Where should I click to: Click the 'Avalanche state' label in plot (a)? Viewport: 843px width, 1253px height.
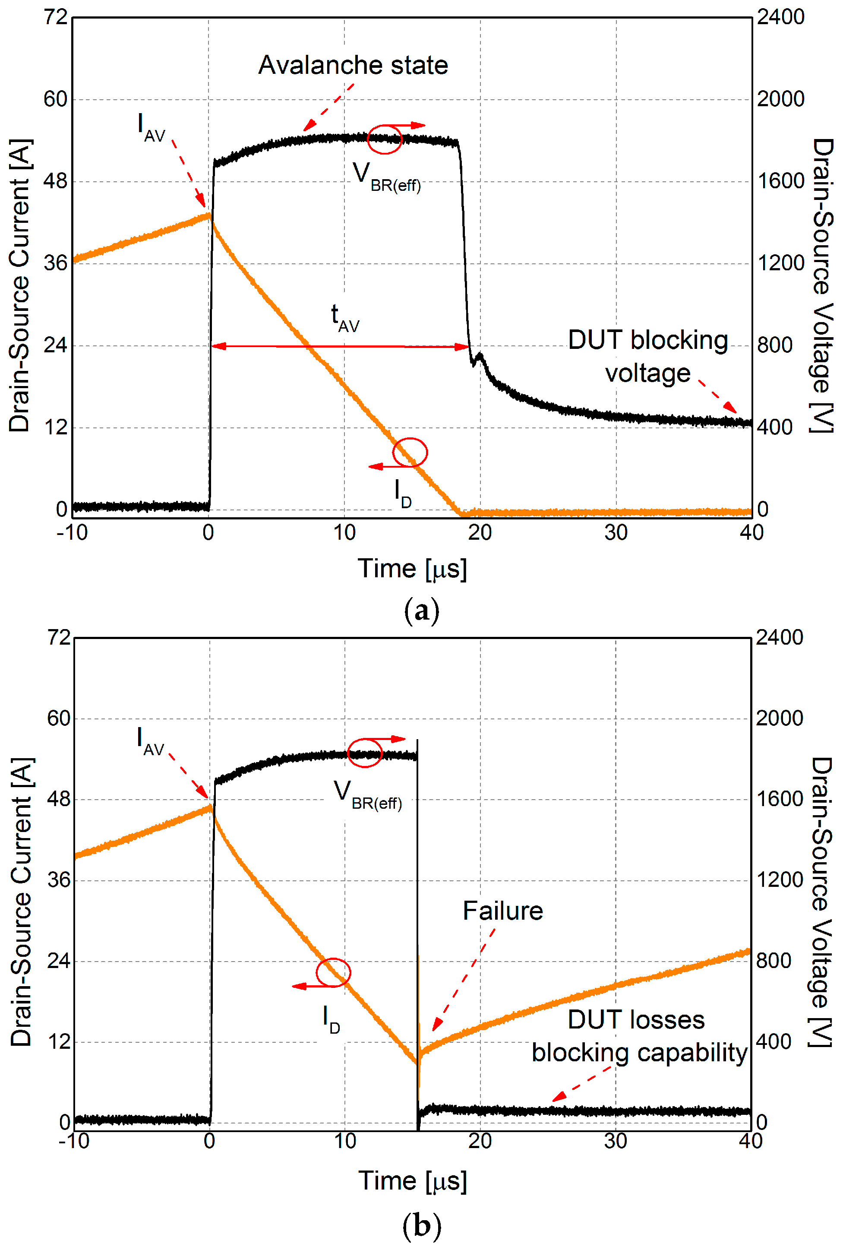click(353, 66)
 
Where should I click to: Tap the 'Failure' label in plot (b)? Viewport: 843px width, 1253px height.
click(503, 911)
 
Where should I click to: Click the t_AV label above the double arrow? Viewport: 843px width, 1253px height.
click(344, 318)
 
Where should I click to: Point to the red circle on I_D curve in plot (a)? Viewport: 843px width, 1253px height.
click(410, 452)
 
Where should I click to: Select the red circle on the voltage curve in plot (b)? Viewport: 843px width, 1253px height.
click(364, 752)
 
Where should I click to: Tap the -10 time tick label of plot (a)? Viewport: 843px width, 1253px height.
click(72, 533)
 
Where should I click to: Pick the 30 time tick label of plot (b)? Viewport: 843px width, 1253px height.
click(616, 1141)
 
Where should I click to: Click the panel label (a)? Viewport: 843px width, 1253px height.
click(421, 611)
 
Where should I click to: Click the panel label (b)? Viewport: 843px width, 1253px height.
click(421, 1226)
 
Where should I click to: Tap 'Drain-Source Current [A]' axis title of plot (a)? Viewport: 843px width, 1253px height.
click(20, 285)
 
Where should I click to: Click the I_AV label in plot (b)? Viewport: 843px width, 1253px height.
click(150, 742)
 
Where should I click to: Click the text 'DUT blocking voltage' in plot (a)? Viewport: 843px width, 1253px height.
click(648, 356)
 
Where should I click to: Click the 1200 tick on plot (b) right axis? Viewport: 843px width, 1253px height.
click(779, 880)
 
